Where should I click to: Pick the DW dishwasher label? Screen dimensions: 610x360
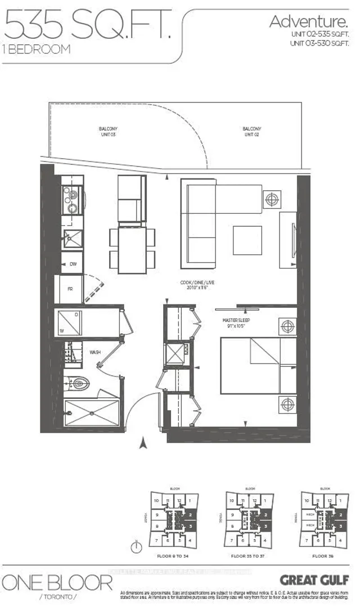coord(73,263)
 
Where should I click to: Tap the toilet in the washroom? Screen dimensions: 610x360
coord(77,384)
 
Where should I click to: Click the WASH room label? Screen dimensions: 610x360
coord(95,352)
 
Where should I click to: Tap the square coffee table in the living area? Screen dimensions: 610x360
coord(247,240)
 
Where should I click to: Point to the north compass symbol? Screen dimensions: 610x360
coord(136,546)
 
